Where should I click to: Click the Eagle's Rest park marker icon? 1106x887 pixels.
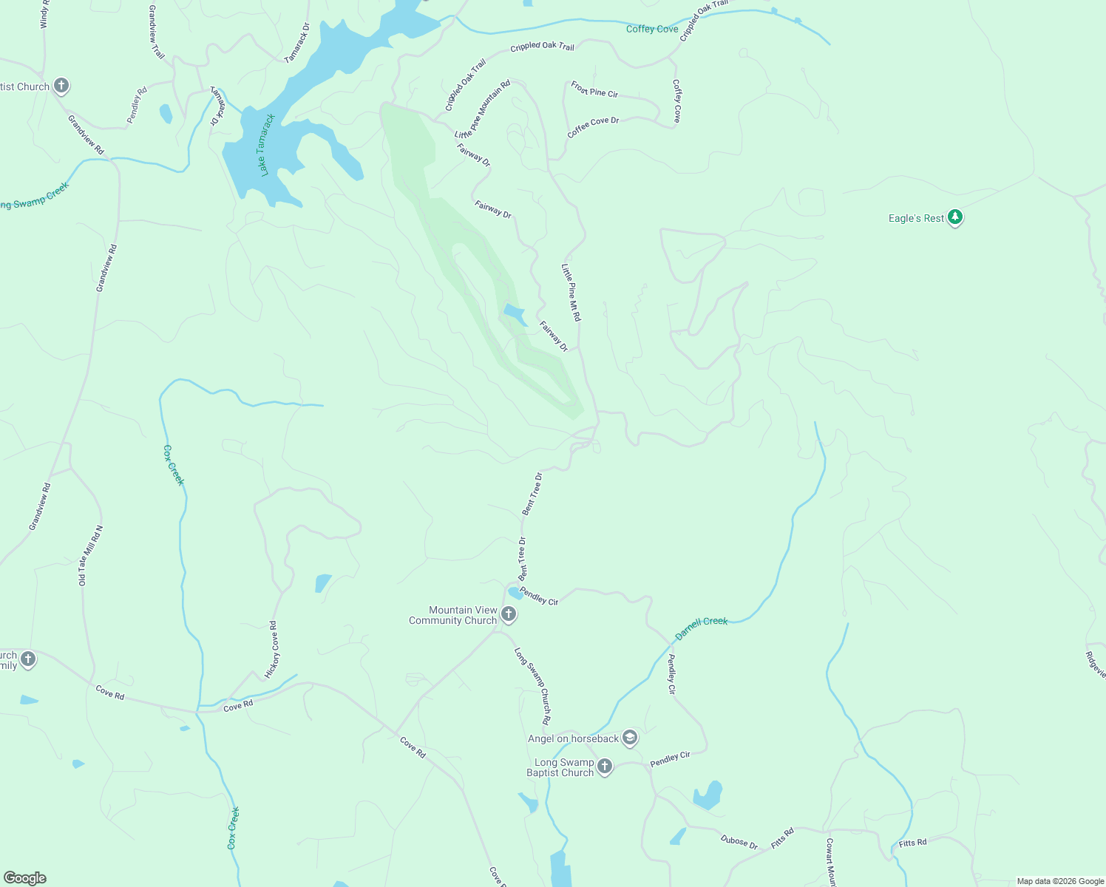[955, 218]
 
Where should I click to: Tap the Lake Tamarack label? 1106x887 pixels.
[266, 145]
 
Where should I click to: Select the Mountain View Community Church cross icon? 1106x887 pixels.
[509, 614]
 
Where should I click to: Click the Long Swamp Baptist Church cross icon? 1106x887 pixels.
[605, 767]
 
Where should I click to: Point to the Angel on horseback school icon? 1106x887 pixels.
[629, 738]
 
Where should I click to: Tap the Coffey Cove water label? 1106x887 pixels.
[651, 29]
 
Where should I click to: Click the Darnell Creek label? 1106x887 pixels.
[701, 627]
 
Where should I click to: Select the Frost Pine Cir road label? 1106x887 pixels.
[594, 89]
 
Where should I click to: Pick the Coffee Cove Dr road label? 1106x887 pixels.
[593, 126]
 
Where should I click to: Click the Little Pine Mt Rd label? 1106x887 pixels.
[571, 292]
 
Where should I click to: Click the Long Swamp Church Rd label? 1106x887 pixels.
[533, 685]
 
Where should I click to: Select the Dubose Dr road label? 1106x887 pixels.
[739, 841]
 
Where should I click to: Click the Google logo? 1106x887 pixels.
[25, 878]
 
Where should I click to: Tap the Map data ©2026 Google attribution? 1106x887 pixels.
[1060, 881]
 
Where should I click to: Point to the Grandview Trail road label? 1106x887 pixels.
[156, 32]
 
